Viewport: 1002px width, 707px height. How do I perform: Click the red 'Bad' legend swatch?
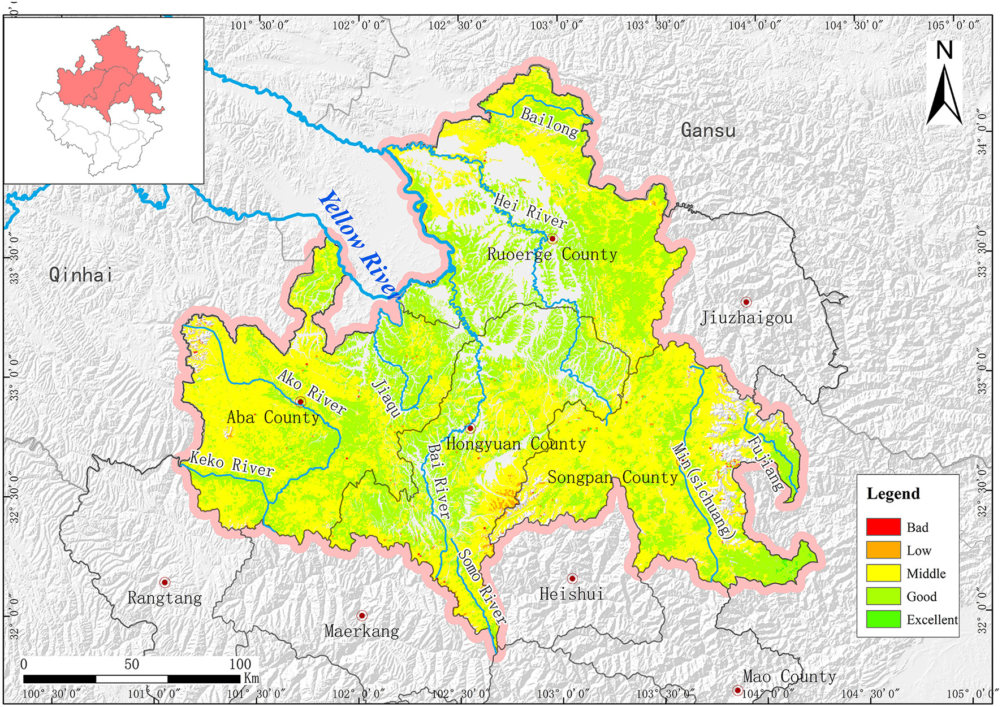tap(883, 527)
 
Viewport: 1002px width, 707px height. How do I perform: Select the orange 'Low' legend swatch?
tap(883, 550)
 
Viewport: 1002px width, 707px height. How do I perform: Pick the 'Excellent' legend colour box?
tap(883, 619)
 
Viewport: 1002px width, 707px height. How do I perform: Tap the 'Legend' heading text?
tap(893, 493)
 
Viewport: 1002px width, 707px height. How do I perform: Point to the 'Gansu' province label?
tap(708, 131)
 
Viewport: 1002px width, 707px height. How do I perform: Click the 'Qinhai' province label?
tap(80, 275)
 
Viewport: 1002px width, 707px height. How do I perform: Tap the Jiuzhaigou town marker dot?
tap(746, 302)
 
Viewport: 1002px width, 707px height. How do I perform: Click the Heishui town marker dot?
tap(572, 578)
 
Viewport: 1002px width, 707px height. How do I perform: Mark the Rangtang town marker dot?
tap(165, 582)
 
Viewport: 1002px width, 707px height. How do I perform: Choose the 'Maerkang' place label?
tap(361, 631)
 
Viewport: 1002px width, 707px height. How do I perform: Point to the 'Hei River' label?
tap(530, 210)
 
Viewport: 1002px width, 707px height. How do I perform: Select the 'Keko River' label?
tap(232, 464)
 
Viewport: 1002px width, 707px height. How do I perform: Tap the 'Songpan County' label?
tap(612, 478)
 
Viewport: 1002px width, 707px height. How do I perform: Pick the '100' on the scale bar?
tap(240, 664)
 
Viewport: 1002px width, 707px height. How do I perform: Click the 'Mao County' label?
tap(789, 676)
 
